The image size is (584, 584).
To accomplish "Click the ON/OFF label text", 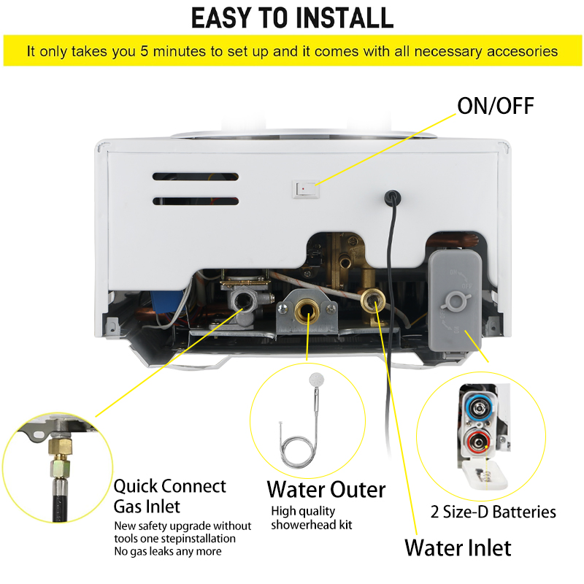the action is pyautogui.click(x=496, y=106).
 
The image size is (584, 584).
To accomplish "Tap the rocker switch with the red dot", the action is pyautogui.click(x=306, y=189).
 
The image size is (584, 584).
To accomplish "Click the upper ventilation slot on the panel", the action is pyautogui.click(x=196, y=177).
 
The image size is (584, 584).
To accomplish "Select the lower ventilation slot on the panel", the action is pyautogui.click(x=196, y=201).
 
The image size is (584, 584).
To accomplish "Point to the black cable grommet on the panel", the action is pyautogui.click(x=393, y=197).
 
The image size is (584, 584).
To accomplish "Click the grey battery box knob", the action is pyautogui.click(x=455, y=301).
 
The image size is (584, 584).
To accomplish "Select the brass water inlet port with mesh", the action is pyautogui.click(x=373, y=299).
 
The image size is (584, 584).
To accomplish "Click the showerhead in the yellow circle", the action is pyautogui.click(x=317, y=380).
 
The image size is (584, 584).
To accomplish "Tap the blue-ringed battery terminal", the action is pyautogui.click(x=478, y=408).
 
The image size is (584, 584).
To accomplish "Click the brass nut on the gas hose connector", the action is pyautogui.click(x=60, y=446).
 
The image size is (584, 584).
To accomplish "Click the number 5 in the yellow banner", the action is pyautogui.click(x=145, y=51).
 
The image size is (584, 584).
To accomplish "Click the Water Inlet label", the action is pyautogui.click(x=458, y=547).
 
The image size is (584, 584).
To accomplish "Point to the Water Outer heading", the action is pyautogui.click(x=326, y=489).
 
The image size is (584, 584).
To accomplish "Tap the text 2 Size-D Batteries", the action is pyautogui.click(x=493, y=512).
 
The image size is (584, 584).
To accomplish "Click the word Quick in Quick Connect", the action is pyautogui.click(x=136, y=486).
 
